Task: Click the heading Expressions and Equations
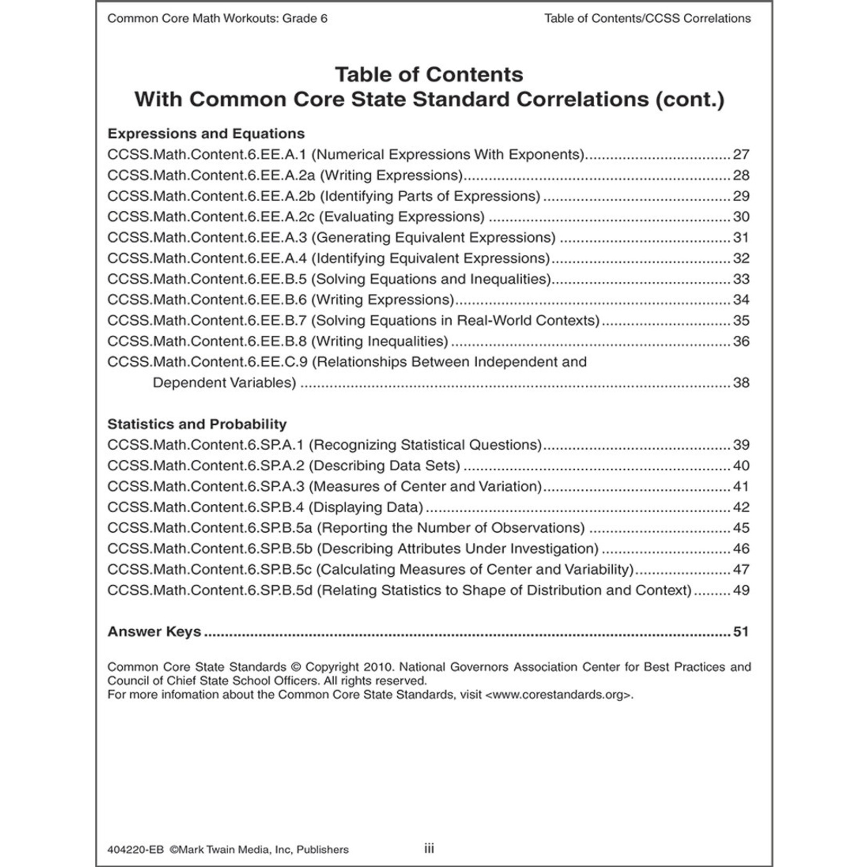click(x=206, y=134)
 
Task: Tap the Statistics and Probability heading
click(x=197, y=424)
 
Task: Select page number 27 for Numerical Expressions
click(x=741, y=155)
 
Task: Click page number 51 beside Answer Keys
click(x=741, y=631)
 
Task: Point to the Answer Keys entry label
click(x=154, y=631)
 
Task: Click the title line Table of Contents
click(x=429, y=75)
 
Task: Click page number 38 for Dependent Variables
click(x=741, y=383)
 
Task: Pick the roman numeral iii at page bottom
click(x=429, y=848)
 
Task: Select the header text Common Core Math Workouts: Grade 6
click(x=217, y=19)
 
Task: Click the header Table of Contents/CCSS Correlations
click(x=647, y=19)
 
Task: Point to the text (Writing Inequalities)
click(x=380, y=342)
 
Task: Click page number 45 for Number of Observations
click(x=741, y=528)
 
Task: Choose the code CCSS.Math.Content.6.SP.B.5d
click(x=210, y=590)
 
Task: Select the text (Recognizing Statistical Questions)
click(x=425, y=445)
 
